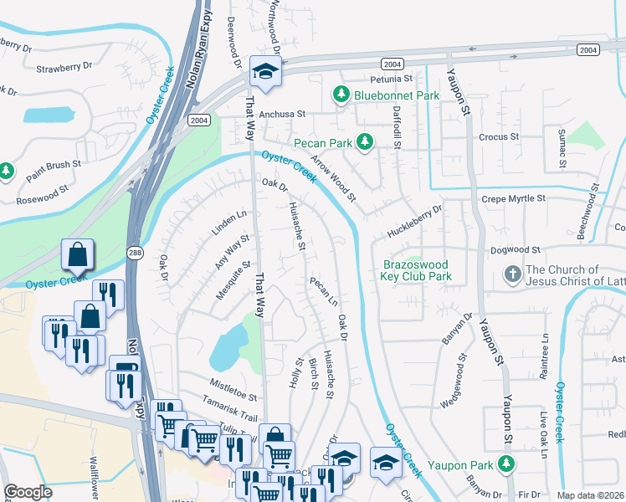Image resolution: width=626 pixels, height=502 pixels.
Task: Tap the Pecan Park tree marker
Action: [x=364, y=143]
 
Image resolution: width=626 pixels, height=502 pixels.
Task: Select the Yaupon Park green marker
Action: [x=505, y=463]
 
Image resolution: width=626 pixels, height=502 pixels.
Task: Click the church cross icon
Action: [x=511, y=274]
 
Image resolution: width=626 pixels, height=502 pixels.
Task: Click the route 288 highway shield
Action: [x=135, y=251]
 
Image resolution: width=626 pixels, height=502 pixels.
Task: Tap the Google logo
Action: [x=28, y=492]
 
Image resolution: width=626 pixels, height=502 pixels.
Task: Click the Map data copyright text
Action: [x=591, y=495]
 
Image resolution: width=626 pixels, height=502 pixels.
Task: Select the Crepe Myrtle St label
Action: [x=514, y=199]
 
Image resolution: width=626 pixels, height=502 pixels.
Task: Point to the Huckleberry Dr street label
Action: [x=414, y=222]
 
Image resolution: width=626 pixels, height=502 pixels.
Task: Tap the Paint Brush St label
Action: [x=53, y=171]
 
